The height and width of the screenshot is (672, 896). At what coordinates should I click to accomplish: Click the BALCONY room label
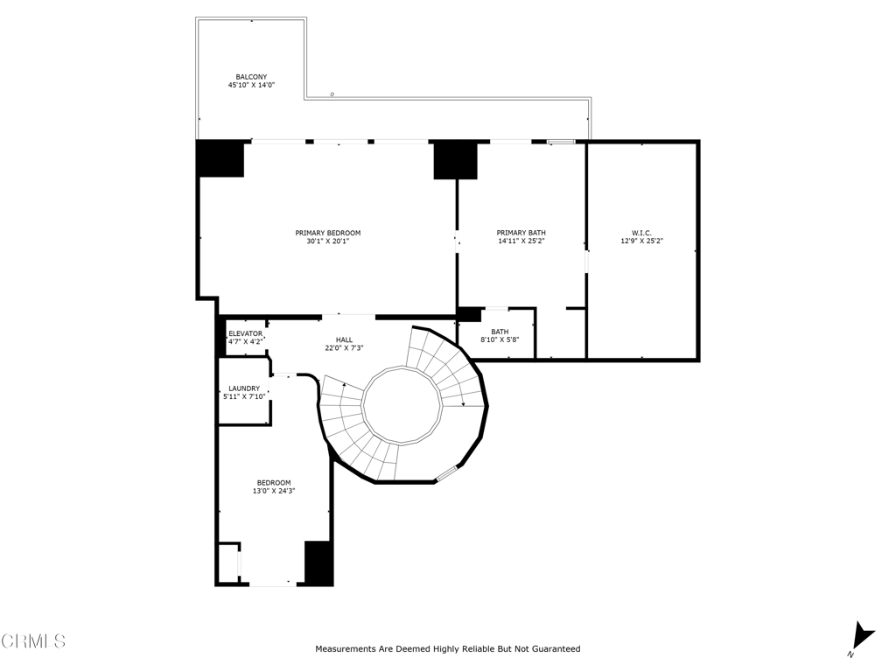click(251, 77)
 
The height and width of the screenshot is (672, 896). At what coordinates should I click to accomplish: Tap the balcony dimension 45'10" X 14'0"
click(251, 86)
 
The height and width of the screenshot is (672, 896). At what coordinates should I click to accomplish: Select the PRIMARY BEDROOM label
click(327, 233)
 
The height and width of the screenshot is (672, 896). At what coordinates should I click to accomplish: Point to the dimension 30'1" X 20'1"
click(327, 241)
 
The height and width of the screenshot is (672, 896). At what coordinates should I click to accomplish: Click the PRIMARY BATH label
click(521, 233)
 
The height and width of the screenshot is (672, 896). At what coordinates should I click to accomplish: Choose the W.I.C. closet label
click(642, 233)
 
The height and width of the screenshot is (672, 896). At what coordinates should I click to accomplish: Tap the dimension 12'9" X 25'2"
click(642, 241)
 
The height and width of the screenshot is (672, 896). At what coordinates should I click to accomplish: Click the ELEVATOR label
click(245, 333)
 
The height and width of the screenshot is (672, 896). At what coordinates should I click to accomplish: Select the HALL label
click(344, 339)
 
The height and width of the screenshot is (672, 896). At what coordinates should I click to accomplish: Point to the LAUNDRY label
click(243, 388)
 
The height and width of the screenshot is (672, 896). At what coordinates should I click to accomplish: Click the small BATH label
click(499, 332)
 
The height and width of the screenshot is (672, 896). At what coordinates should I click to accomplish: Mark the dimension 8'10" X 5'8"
click(499, 340)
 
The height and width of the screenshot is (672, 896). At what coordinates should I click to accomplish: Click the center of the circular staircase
click(402, 405)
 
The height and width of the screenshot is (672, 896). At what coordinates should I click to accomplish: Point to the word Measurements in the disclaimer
click(346, 649)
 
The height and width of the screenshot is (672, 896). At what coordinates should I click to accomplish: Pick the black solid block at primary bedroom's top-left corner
click(220, 159)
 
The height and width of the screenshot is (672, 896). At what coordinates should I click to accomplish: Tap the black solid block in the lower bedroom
click(318, 563)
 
